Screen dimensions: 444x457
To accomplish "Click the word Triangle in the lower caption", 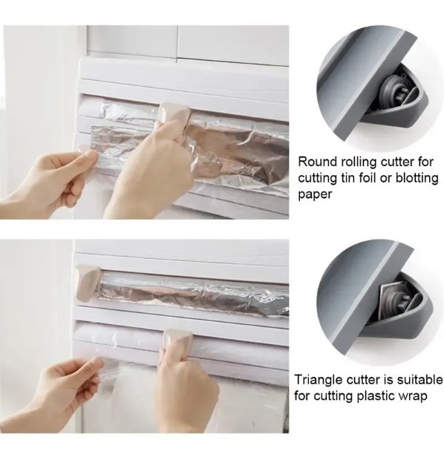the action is (x=318, y=380).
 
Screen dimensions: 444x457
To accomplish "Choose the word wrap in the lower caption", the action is (x=414, y=397).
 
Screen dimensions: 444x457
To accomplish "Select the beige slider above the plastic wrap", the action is (x=177, y=340).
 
